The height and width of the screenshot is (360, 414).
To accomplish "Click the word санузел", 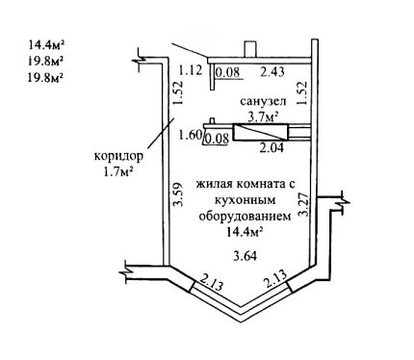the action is [x=263, y=101].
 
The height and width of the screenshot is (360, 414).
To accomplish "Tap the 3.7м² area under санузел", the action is [x=263, y=116].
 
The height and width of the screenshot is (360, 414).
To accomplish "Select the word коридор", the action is [x=118, y=157].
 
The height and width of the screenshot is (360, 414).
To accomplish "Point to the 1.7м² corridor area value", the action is [x=117, y=172].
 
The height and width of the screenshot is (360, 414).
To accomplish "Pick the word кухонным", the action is [x=245, y=200].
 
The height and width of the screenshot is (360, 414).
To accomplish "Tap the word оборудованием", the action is [x=246, y=216].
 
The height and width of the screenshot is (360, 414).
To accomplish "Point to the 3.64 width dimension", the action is [x=246, y=256].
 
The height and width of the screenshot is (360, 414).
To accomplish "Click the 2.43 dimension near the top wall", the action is [x=272, y=71].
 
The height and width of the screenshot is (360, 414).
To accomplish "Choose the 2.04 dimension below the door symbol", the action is [x=272, y=147].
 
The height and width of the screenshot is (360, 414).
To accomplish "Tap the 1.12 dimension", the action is [x=191, y=69].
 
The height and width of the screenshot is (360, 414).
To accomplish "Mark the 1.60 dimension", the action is [x=190, y=135].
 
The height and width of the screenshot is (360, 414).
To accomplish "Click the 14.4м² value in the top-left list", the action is [x=45, y=44].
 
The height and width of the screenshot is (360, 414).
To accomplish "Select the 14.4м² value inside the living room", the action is [x=246, y=231].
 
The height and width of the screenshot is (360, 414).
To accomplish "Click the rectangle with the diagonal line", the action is [x=261, y=132].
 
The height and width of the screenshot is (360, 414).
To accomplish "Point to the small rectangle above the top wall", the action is [x=250, y=49].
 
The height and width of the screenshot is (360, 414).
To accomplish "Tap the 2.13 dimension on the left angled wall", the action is [x=211, y=282].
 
